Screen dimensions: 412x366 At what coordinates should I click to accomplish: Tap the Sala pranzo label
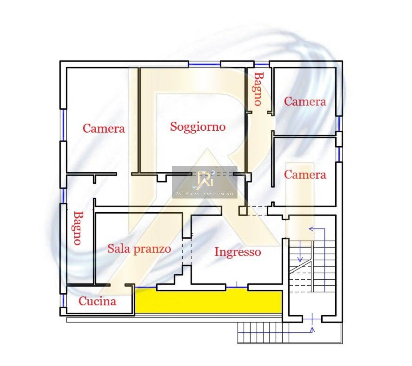point(139,249)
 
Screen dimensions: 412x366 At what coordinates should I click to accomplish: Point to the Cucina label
point(98,301)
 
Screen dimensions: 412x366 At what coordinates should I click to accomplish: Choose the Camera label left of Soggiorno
point(104,129)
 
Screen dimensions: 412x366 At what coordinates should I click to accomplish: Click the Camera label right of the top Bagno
point(305,101)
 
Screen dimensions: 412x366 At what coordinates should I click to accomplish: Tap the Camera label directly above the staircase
point(305,175)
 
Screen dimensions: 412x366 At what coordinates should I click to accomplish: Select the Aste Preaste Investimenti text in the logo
point(204,194)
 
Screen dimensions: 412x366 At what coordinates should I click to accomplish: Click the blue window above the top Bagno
point(262,64)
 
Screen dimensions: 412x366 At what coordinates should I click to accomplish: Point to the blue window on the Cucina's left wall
point(63,300)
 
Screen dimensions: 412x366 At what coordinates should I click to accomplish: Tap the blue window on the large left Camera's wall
point(63,125)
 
